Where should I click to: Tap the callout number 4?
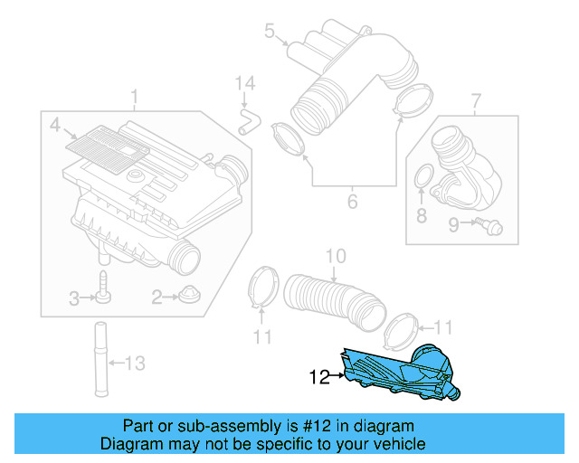pos(54,124)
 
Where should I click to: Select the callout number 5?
pos(269,33)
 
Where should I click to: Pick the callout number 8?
pos(421,215)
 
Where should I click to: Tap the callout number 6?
pos(353,200)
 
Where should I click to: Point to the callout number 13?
pos(134,364)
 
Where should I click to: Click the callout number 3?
pos(76,296)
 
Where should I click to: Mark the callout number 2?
pos(157,296)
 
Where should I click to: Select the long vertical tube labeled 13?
pos(96,362)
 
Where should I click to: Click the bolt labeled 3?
pos(103,287)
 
